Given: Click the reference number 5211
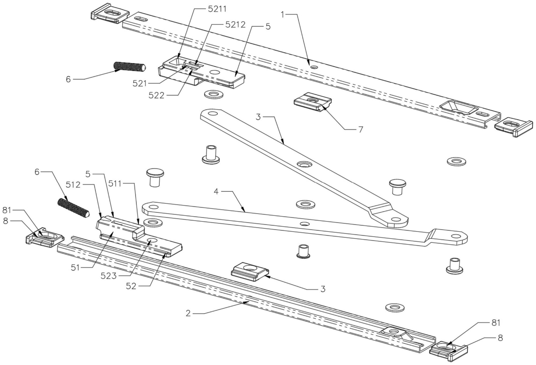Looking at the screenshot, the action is [217, 9].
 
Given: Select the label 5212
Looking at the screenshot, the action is [235, 25].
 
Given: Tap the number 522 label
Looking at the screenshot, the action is [156, 95].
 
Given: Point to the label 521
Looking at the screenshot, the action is [140, 83].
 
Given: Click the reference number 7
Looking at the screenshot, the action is [361, 130].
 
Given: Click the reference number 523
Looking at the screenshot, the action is [109, 276].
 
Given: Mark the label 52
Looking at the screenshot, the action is [131, 286].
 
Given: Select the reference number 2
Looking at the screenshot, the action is [188, 313].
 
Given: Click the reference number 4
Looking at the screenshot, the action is [216, 191].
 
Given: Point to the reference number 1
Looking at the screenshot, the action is [283, 15].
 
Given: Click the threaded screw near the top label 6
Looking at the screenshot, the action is [130, 67].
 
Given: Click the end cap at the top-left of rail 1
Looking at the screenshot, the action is [110, 13].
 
